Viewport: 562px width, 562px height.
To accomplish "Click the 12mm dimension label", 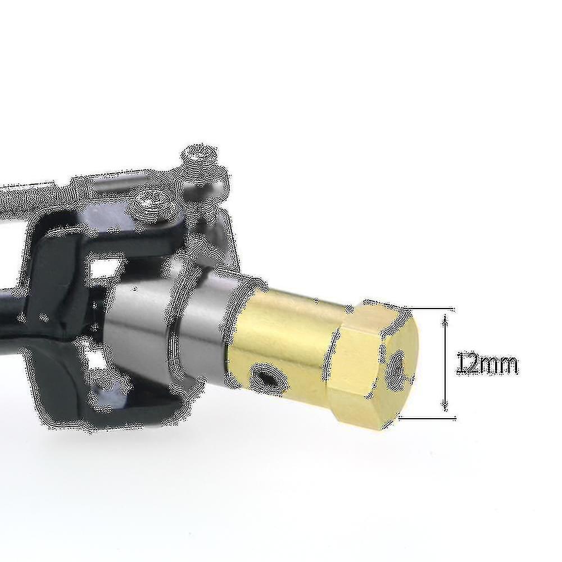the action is tap(487, 365).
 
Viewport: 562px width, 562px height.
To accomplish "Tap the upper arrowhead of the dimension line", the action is tap(445, 319).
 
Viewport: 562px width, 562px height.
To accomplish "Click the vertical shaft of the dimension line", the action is tap(445, 362).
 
